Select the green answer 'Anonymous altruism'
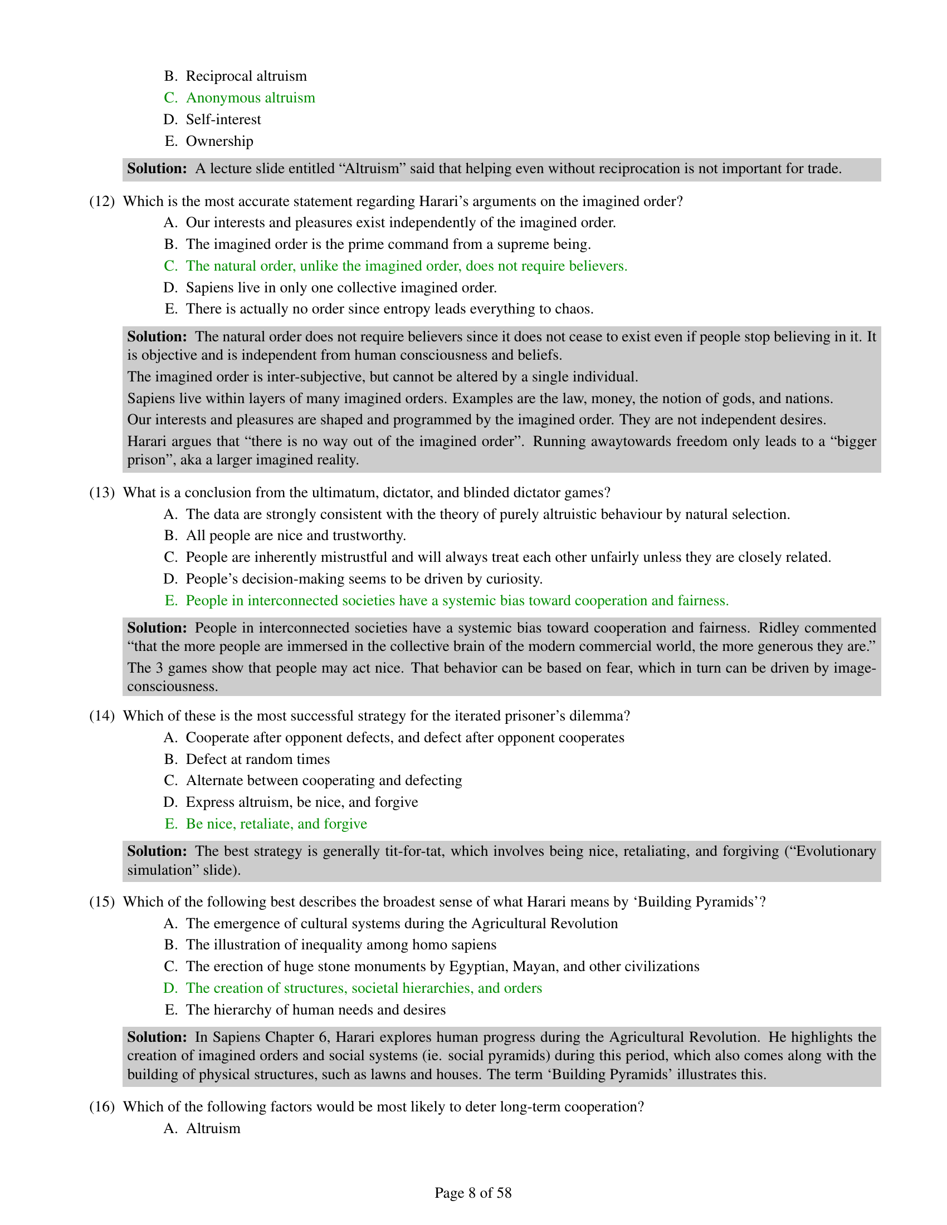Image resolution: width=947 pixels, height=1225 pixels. (x=250, y=97)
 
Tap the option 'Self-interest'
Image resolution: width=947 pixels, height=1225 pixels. (x=223, y=120)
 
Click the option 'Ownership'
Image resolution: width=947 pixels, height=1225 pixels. (x=219, y=141)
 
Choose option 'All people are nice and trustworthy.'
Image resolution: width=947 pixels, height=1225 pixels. (x=296, y=536)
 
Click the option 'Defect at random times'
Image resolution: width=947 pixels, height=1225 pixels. (x=257, y=759)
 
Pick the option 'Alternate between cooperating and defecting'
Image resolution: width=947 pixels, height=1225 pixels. (x=324, y=780)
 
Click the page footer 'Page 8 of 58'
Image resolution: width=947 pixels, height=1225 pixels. (x=473, y=1193)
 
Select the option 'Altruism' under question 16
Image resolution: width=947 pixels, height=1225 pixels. (x=213, y=1128)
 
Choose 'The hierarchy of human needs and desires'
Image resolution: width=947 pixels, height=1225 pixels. (x=315, y=1010)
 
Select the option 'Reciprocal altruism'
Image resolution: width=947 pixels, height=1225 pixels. (x=246, y=76)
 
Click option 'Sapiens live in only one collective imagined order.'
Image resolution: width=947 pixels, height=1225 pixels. (x=341, y=288)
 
